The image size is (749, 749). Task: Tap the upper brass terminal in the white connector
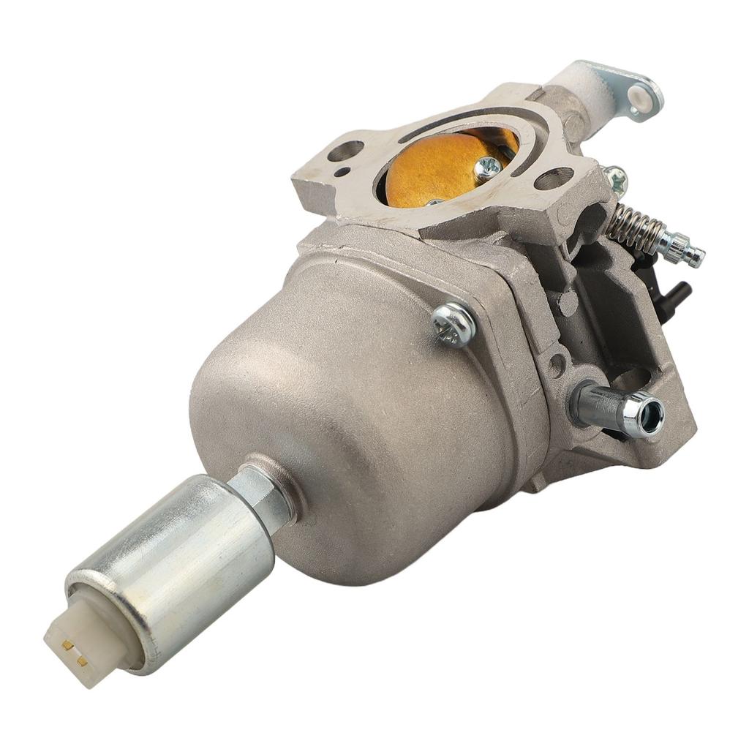67,644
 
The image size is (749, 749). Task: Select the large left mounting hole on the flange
346,151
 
